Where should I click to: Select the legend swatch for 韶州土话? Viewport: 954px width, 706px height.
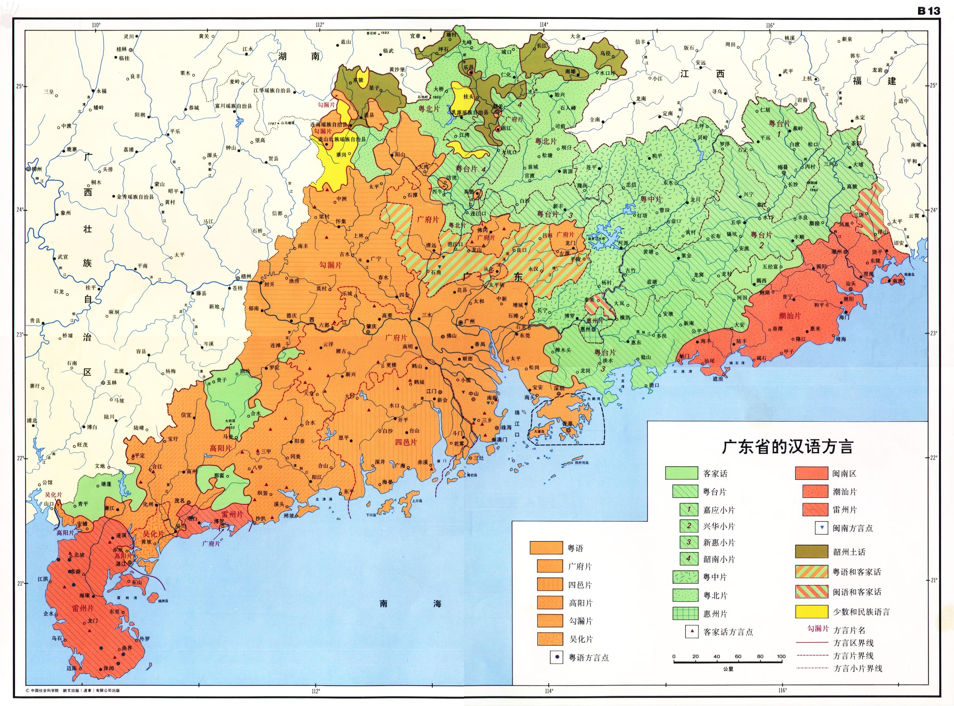tap(811, 551)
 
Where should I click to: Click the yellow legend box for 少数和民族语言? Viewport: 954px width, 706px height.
tap(811, 611)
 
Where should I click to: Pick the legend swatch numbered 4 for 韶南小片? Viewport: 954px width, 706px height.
tap(689, 558)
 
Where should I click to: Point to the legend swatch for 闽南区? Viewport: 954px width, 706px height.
tap(811, 473)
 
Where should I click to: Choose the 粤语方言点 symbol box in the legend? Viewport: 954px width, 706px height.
tap(556, 657)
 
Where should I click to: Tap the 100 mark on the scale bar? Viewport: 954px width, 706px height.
tap(781, 656)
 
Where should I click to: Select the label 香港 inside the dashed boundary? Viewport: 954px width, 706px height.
tap(567, 424)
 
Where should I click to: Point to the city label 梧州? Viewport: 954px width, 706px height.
tap(246, 277)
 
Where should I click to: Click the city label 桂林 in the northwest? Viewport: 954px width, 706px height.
tap(122, 50)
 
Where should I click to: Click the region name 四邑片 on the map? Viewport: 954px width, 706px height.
tap(405, 442)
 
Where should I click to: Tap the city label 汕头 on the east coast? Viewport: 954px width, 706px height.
tap(851, 283)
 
